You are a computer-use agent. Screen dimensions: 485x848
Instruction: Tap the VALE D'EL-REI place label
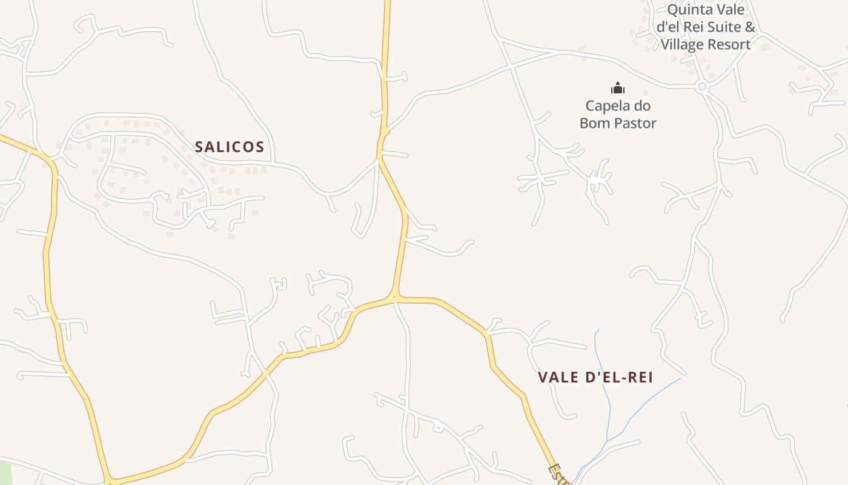[595, 377]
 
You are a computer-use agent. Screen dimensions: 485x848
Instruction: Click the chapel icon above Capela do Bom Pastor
[618, 89]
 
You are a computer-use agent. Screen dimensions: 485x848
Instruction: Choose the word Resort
[730, 44]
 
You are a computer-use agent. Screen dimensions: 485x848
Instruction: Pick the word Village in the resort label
[683, 44]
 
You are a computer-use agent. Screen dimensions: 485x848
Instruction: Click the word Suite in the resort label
[724, 27]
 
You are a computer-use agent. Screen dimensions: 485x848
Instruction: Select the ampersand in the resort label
[750, 27]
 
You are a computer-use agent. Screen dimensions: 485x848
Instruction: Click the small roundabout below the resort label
[702, 87]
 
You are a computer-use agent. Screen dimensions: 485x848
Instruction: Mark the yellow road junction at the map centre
[394, 298]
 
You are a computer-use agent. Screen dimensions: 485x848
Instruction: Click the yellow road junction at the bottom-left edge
[110, 482]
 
